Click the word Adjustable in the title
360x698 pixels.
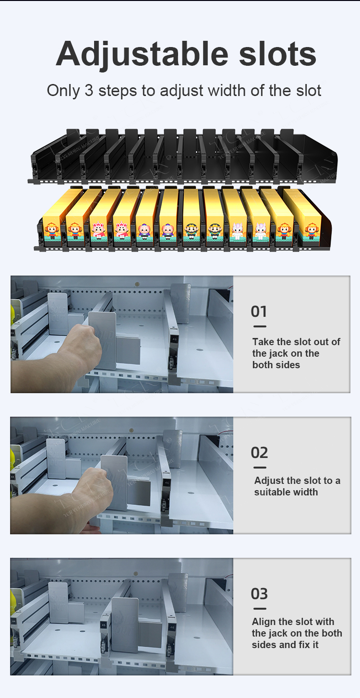click(142, 54)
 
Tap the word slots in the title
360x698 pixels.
click(278, 53)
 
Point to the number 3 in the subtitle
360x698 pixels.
click(89, 90)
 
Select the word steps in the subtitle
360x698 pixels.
click(118, 91)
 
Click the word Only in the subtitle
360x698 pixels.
click(63, 91)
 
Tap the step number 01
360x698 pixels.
click(259, 312)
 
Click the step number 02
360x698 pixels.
click(259, 453)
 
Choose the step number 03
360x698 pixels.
click(259, 594)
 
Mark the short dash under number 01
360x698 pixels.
click(260, 326)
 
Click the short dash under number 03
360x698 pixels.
click(260, 609)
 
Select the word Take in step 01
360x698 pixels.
click(263, 342)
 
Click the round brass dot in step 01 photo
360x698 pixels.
click(137, 284)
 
